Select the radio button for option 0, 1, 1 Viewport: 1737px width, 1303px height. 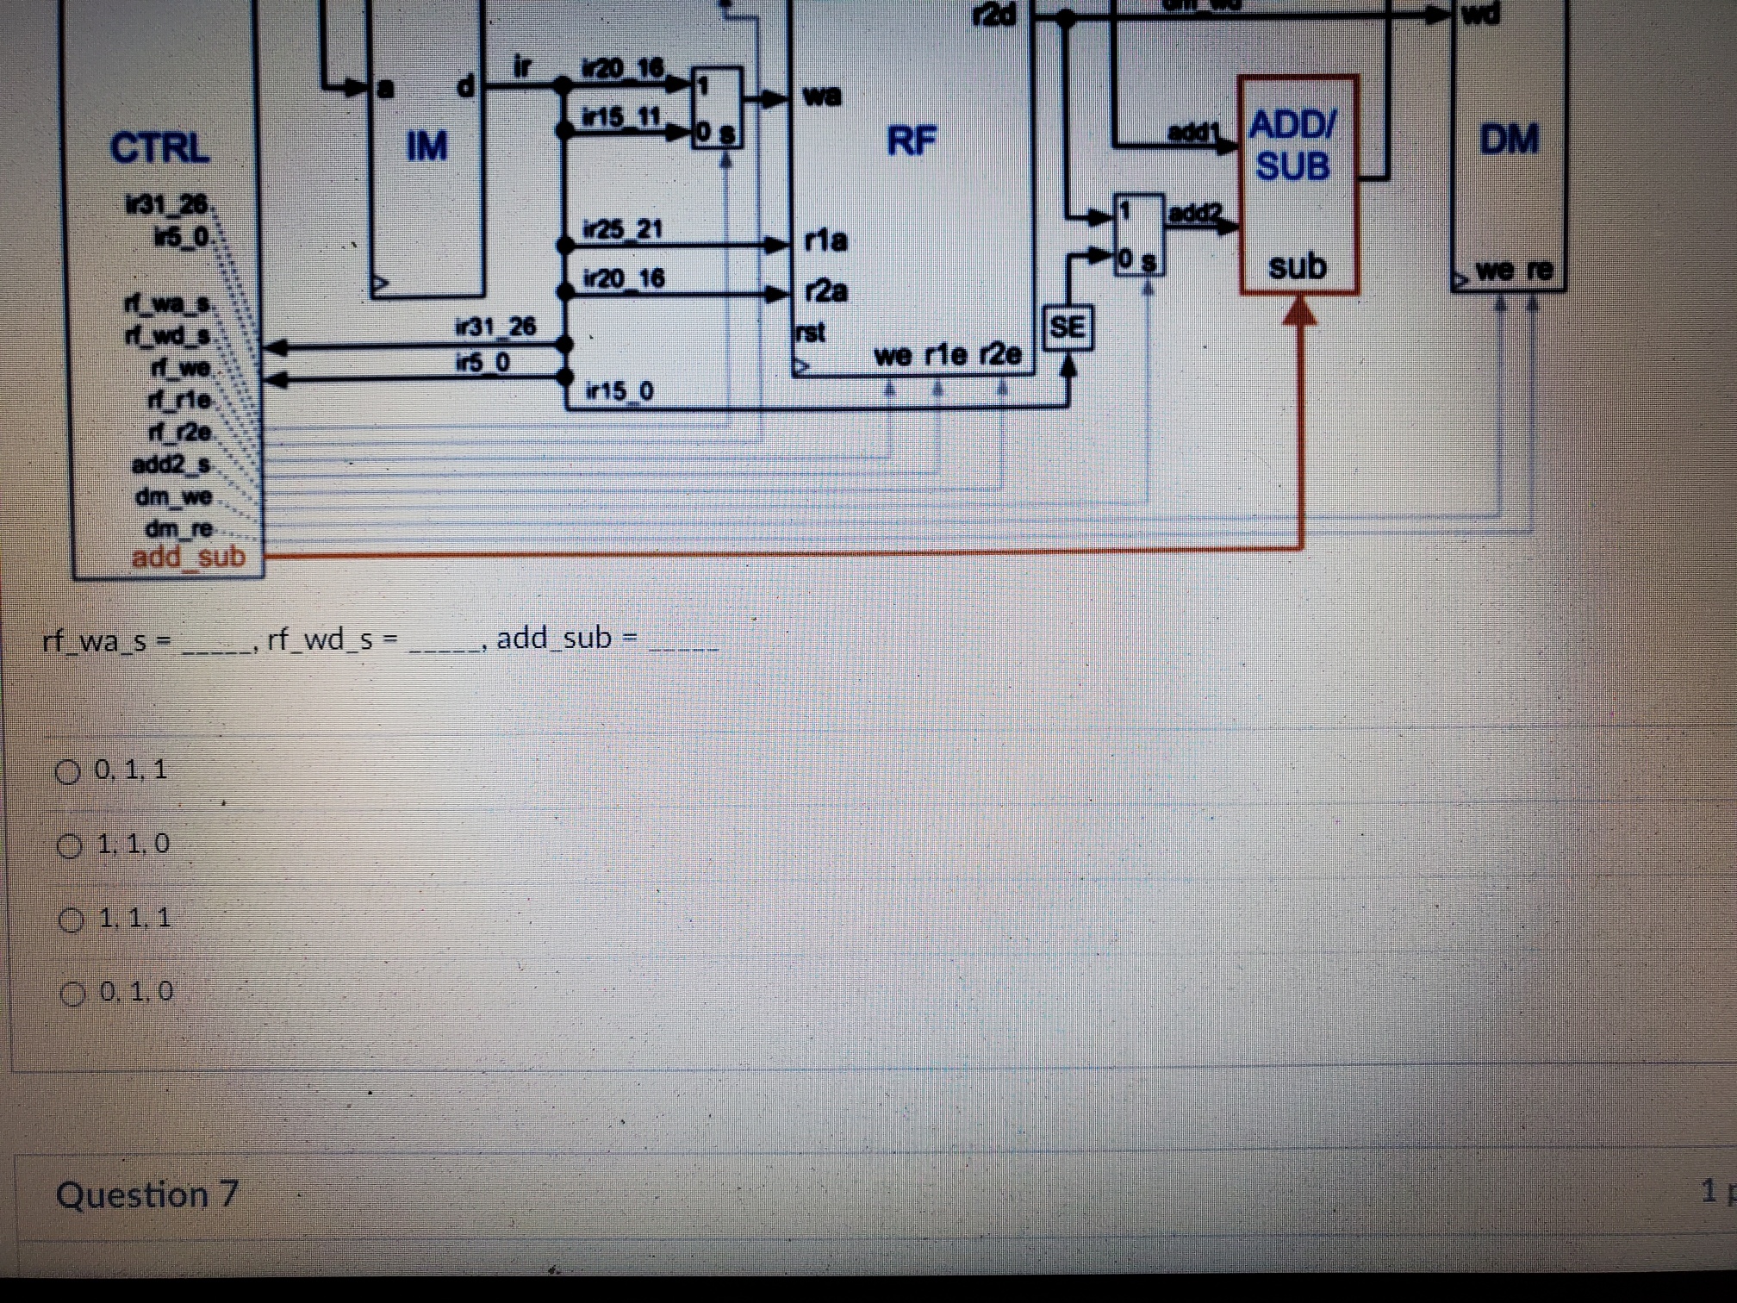point(67,771)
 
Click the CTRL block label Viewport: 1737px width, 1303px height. point(159,148)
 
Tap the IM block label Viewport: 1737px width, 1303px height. point(426,147)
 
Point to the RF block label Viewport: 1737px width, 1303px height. point(912,140)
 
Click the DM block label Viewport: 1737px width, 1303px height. point(1509,140)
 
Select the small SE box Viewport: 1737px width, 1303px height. point(1068,327)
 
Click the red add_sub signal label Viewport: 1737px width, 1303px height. point(189,558)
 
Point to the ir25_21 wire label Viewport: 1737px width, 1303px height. point(622,230)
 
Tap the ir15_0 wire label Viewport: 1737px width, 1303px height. point(619,392)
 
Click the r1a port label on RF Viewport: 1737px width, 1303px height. point(825,240)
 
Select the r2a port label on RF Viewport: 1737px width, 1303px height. point(825,292)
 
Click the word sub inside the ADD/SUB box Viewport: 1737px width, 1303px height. point(1297,267)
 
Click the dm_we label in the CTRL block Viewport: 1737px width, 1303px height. point(173,497)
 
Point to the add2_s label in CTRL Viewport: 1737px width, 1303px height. point(171,465)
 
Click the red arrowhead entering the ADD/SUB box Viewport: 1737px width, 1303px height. point(1300,310)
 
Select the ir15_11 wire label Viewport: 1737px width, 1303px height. point(621,117)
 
